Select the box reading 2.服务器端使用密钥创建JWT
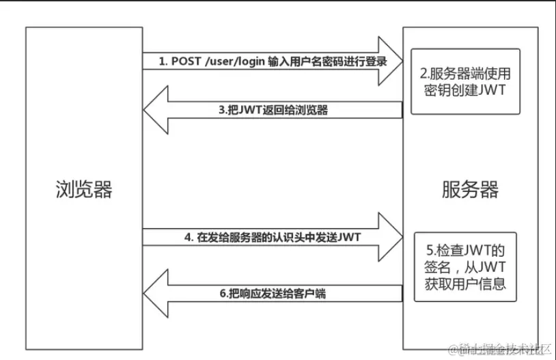(x=465, y=82)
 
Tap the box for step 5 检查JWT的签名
(x=464, y=266)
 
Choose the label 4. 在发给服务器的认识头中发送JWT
(x=273, y=237)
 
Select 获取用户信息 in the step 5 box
(x=464, y=282)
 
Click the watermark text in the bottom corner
(x=502, y=349)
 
